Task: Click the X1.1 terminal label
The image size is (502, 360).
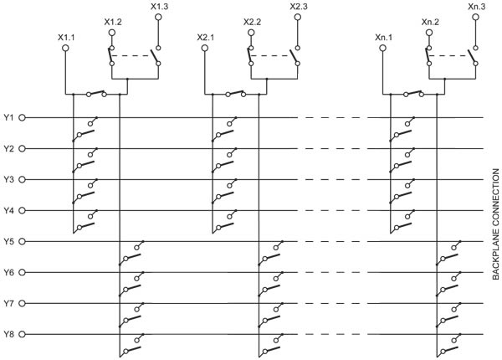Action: (66, 38)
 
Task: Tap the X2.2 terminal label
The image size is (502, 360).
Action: (252, 21)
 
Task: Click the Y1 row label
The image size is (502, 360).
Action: (9, 117)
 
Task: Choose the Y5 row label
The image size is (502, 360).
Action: (9, 241)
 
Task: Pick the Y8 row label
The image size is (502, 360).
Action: (9, 334)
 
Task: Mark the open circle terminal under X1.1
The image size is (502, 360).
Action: (66, 49)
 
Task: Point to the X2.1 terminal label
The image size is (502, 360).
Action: (206, 38)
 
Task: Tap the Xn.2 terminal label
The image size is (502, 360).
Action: (431, 21)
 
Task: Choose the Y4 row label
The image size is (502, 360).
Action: (9, 210)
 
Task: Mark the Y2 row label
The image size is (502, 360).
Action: (9, 148)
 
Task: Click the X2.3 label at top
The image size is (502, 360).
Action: (299, 7)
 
